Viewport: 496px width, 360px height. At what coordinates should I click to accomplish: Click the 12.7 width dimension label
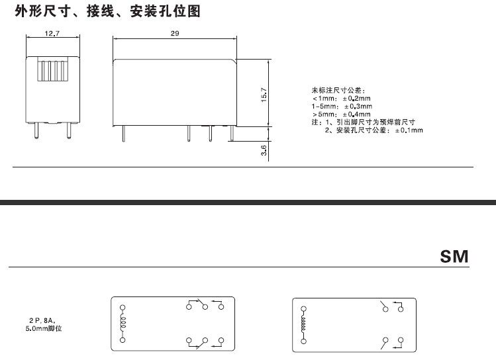coord(52,33)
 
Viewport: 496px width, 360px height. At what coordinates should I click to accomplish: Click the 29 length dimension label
coord(175,33)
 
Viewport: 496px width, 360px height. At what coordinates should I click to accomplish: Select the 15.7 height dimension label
coord(264,95)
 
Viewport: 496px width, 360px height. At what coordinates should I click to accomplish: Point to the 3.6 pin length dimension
coord(264,150)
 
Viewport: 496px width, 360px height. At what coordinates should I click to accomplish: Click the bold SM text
coord(454,256)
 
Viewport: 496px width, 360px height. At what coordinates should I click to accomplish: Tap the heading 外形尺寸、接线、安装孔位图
coord(107,11)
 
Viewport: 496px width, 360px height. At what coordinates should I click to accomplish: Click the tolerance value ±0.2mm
coord(356,99)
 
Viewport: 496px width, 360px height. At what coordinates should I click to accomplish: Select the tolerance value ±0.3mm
coord(358,106)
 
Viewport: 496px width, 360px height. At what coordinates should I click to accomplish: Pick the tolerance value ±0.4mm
coord(356,114)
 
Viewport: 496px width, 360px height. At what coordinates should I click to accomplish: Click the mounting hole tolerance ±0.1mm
coord(409,130)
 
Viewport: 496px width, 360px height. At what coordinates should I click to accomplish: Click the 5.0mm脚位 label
coord(44,328)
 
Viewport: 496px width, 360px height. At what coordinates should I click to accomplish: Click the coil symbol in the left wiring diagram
coord(123,323)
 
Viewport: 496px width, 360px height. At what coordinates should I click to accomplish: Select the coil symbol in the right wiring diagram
coord(303,324)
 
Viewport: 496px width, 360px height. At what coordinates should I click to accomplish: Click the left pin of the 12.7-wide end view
coord(36,130)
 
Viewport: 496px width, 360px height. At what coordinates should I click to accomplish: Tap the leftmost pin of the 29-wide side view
coord(124,134)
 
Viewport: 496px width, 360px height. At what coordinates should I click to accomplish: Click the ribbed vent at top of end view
coord(52,69)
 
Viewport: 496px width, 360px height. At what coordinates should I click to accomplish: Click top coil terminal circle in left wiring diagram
coord(123,307)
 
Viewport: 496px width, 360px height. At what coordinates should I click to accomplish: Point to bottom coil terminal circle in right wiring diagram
coord(304,341)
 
